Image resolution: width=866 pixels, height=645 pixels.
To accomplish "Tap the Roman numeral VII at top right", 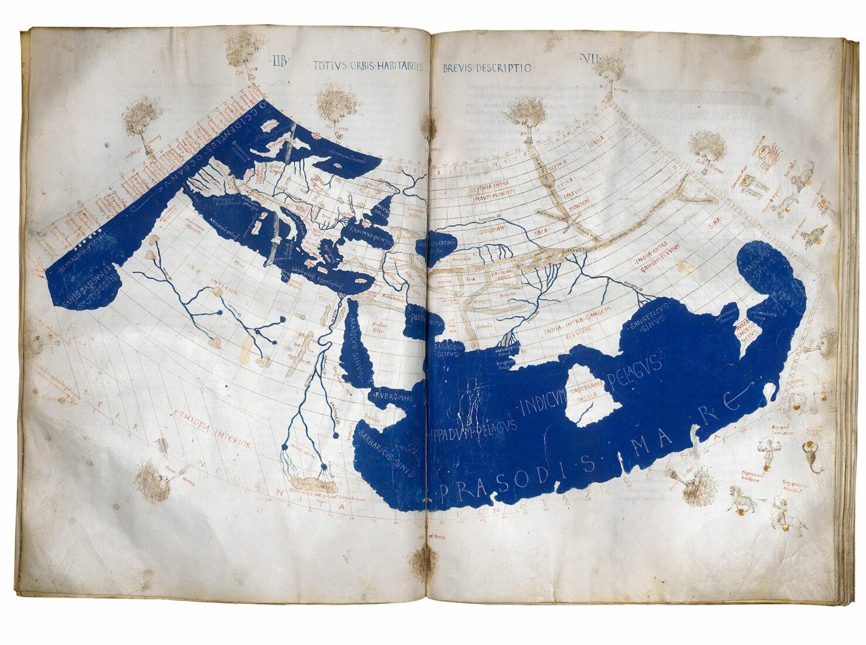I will pyautogui.click(x=588, y=58).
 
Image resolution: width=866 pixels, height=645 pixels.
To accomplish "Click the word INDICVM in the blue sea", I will pyautogui.click(x=543, y=402).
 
